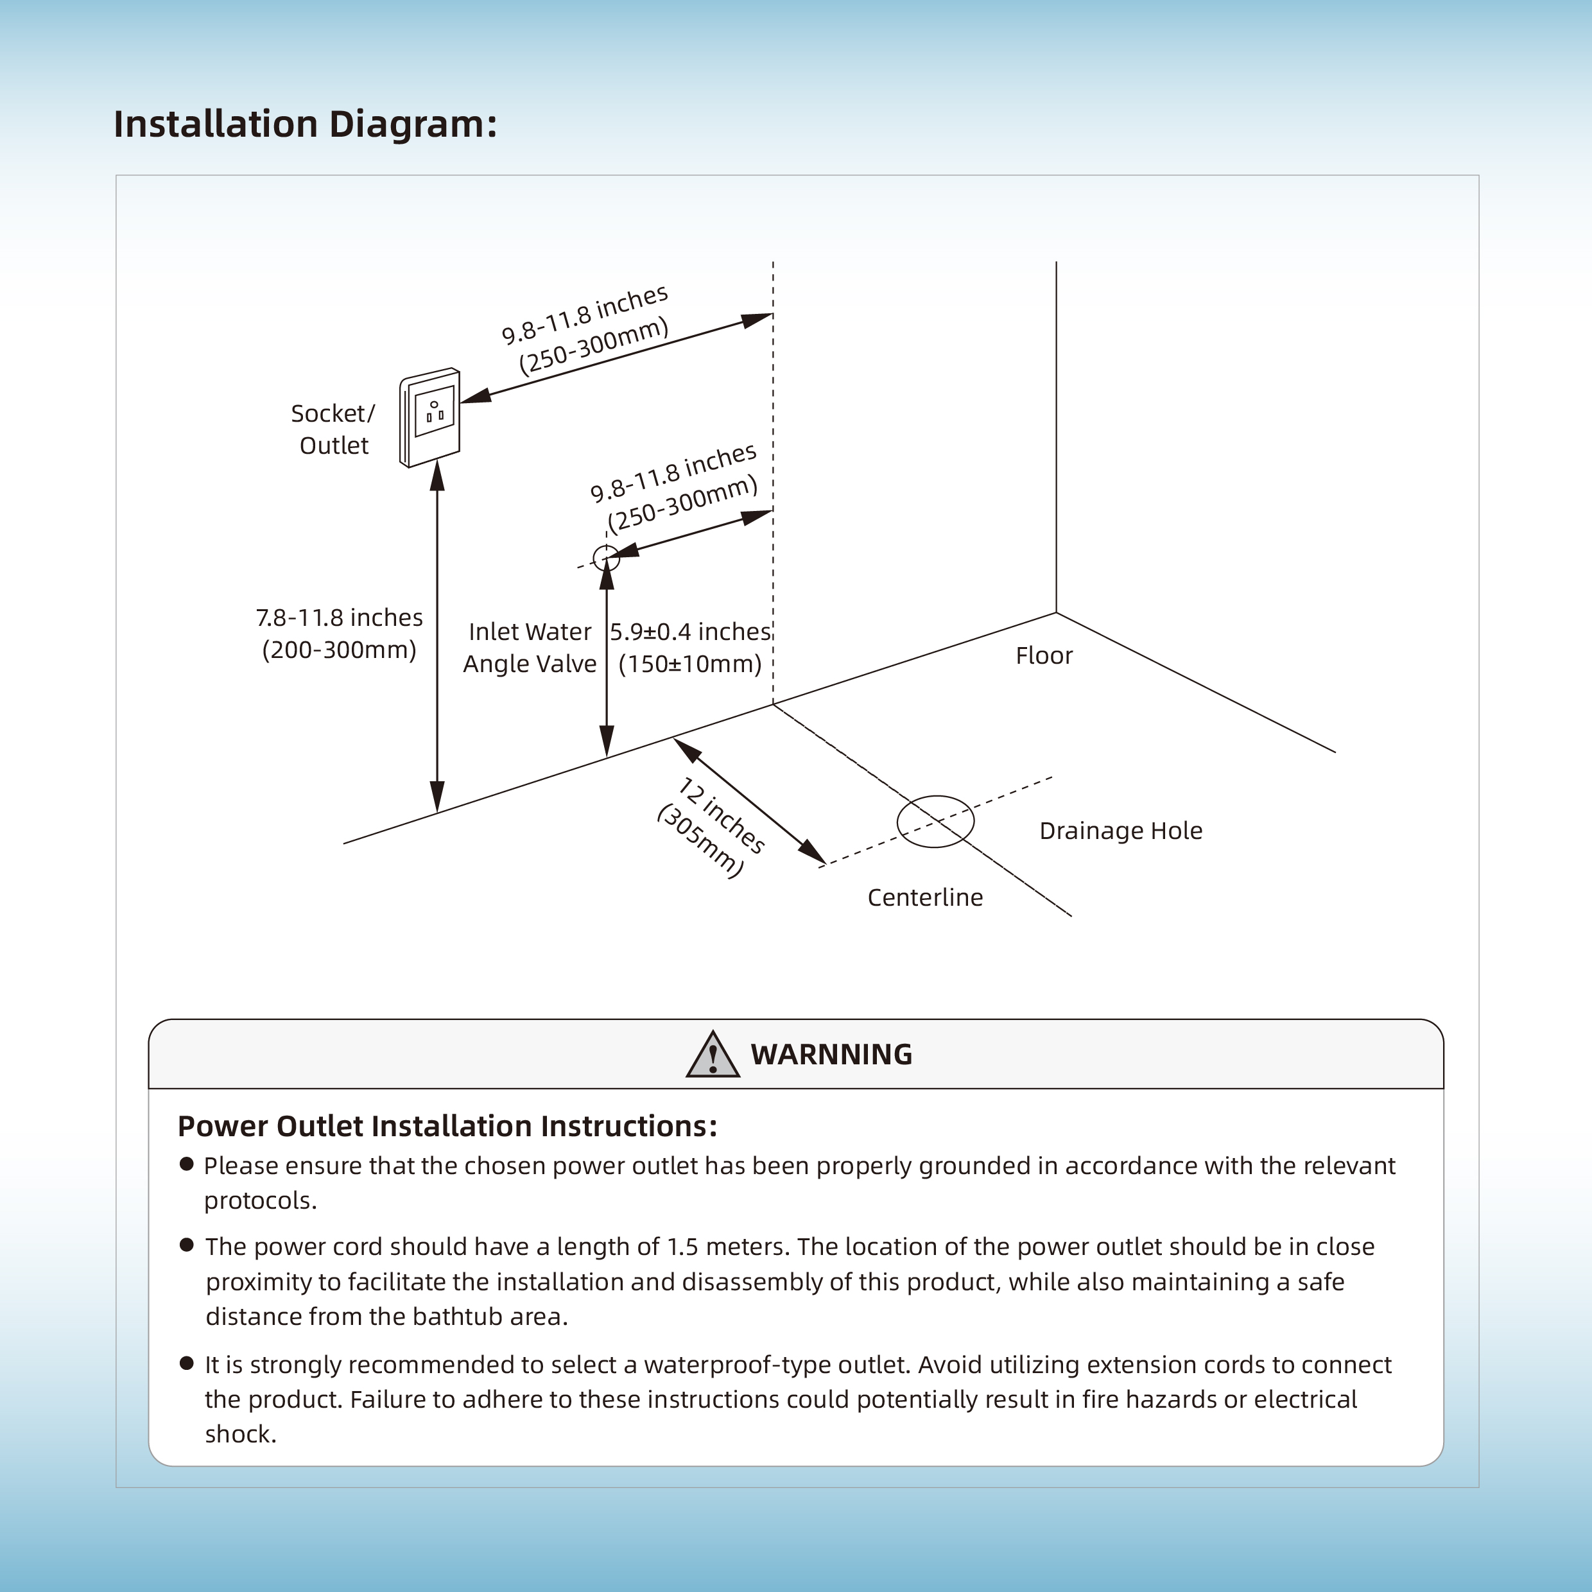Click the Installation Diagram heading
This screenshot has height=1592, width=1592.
pyautogui.click(x=305, y=125)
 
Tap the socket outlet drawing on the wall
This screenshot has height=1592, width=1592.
pyautogui.click(x=429, y=417)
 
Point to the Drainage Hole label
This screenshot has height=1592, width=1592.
pyautogui.click(x=1121, y=831)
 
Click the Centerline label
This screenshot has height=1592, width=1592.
pyautogui.click(x=924, y=897)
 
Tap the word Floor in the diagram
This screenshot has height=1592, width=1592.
pyautogui.click(x=1044, y=656)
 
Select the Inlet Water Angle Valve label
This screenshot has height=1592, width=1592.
pyautogui.click(x=530, y=648)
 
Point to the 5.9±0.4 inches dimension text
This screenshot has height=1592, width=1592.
pyautogui.click(x=691, y=632)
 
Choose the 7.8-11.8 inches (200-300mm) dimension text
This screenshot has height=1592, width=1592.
pyautogui.click(x=340, y=634)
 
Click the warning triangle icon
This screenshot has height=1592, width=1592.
pyautogui.click(x=713, y=1054)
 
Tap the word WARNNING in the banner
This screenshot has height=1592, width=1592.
pyautogui.click(x=831, y=1055)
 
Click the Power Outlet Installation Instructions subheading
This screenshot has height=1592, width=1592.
pyautogui.click(x=447, y=1127)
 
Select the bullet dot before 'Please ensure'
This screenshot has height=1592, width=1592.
pyautogui.click(x=186, y=1164)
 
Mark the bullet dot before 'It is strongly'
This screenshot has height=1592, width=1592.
pyautogui.click(x=186, y=1363)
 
